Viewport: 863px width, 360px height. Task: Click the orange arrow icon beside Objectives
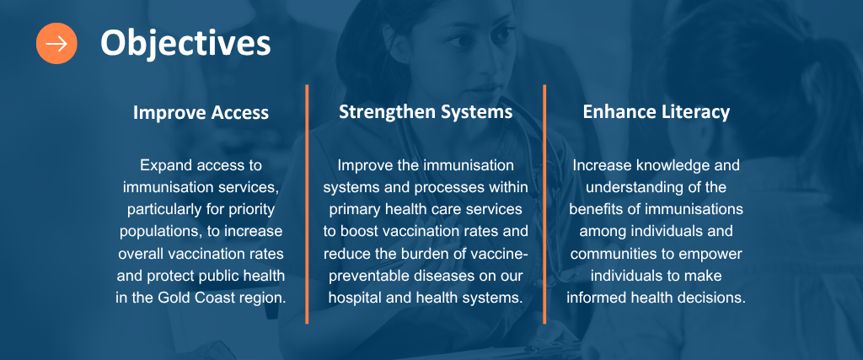pyautogui.click(x=56, y=44)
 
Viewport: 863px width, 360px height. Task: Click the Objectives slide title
pyautogui.click(x=185, y=43)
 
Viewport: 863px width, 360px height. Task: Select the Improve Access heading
pyautogui.click(x=201, y=113)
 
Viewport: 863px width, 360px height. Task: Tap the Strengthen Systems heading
pyautogui.click(x=426, y=112)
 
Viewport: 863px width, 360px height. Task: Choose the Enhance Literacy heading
pyautogui.click(x=656, y=112)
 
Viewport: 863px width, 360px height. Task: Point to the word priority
pyautogui.click(x=251, y=209)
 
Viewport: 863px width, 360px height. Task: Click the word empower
pyautogui.click(x=713, y=254)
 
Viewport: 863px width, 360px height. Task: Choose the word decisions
pyautogui.click(x=717, y=298)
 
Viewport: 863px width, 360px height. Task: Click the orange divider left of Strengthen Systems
pyautogui.click(x=307, y=204)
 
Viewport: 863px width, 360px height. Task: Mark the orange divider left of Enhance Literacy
pyautogui.click(x=544, y=204)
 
